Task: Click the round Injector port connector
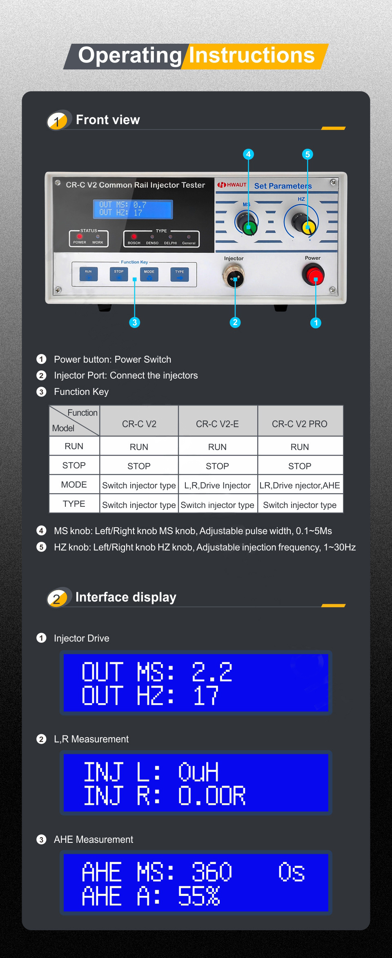pos(234,276)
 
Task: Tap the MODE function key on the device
pos(149,274)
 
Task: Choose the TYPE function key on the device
pos(180,274)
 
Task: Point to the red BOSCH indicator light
pos(134,236)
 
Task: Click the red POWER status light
pos(80,236)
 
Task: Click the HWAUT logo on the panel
pos(232,185)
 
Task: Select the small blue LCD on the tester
pos(133,209)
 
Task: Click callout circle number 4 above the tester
pos(248,154)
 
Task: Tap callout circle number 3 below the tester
pos(134,323)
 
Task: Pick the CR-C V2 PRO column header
pos(300,424)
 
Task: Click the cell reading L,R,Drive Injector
pos(217,486)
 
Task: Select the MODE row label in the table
pos(74,485)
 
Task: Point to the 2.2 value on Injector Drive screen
pos(212,672)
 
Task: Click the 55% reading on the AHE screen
pos(199,896)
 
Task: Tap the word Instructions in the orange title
pos(252,55)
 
